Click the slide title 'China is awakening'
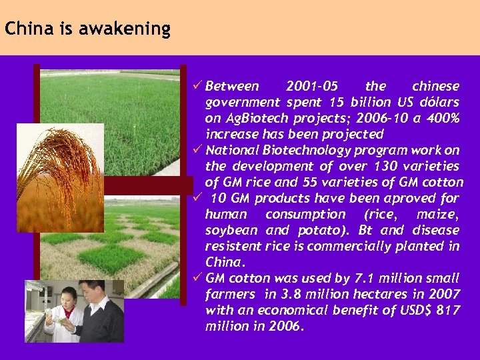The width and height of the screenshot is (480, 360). [87, 29]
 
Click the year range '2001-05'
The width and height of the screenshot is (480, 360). [311, 86]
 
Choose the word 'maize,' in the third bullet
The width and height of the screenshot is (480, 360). [437, 214]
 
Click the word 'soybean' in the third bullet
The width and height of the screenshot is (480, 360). [232, 230]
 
